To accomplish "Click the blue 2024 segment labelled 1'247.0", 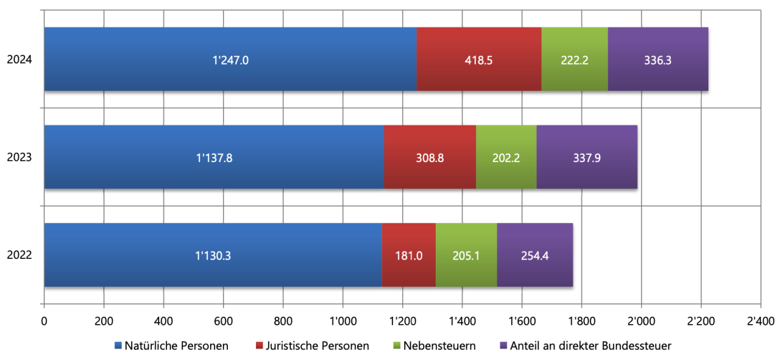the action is (230, 59).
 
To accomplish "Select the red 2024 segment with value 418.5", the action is (479, 59).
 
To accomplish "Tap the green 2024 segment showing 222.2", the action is (575, 59).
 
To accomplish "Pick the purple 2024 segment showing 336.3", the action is (658, 59).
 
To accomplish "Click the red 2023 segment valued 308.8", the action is (430, 157).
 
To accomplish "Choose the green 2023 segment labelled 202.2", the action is (506, 157).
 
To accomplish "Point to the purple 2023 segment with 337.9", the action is (587, 157).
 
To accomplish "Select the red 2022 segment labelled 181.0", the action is (409, 255).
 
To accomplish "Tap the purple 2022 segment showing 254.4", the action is (535, 255).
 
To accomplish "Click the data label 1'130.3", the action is (213, 256).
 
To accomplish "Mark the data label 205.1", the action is (466, 256).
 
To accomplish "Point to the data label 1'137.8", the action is (214, 158).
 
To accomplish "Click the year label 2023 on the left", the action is (19, 157).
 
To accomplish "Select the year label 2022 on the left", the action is (19, 255).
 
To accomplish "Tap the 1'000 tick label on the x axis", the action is (342, 321).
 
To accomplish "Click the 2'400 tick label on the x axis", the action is (761, 321).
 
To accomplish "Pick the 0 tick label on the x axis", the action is (44, 321).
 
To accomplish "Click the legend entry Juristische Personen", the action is (313, 346).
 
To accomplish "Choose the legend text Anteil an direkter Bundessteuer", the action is (590, 346).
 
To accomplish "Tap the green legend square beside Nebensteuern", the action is (397, 345).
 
